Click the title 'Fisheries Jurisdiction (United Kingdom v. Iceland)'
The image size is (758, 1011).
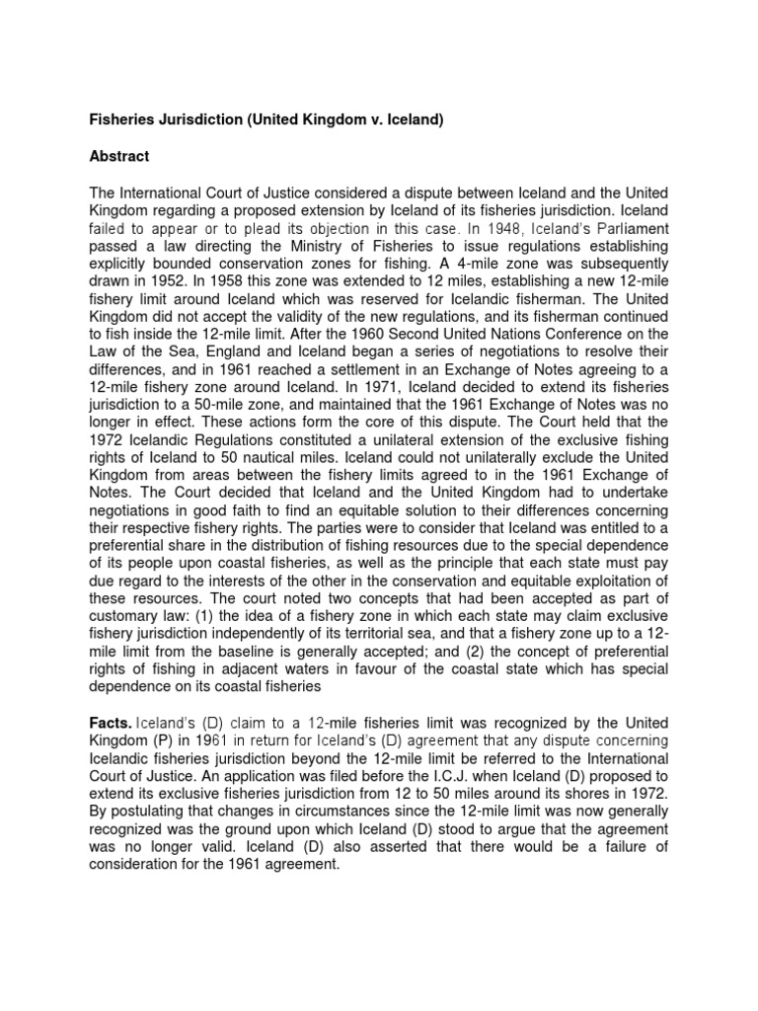pyautogui.click(x=268, y=120)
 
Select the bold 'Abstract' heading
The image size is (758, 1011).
pyautogui.click(x=120, y=156)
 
